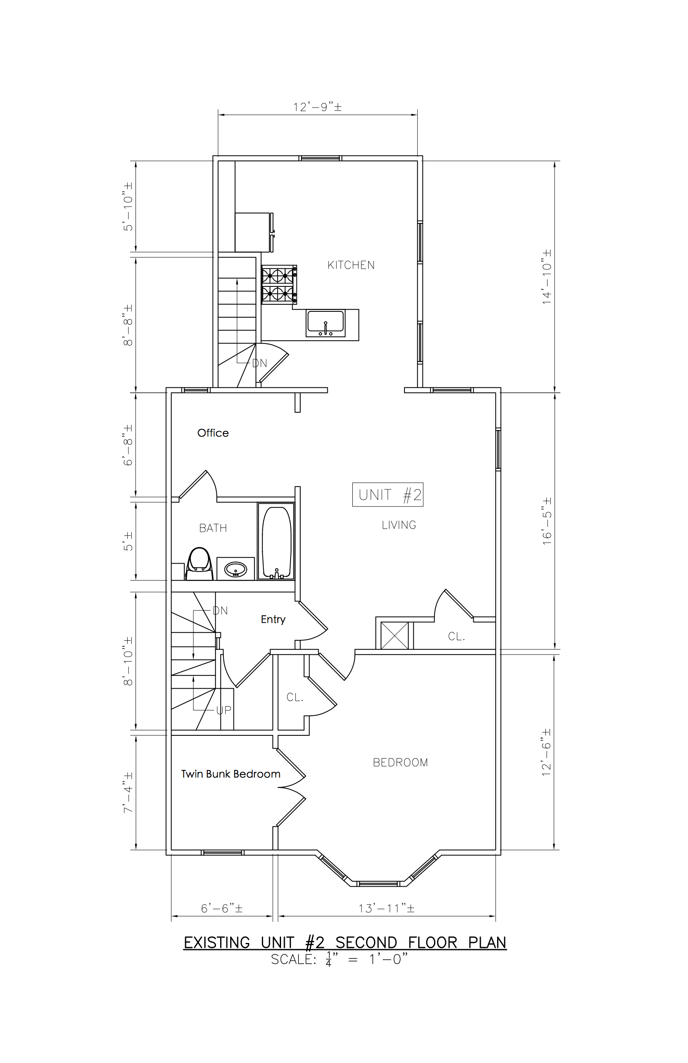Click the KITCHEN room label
pyautogui.click(x=351, y=265)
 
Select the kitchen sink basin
pyautogui.click(x=326, y=323)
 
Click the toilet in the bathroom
pyautogui.click(x=199, y=564)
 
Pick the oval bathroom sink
pyautogui.click(x=236, y=569)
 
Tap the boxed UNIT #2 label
pyautogui.click(x=388, y=495)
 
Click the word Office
pyautogui.click(x=213, y=433)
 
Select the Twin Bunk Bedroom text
pyautogui.click(x=231, y=774)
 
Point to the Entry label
pyautogui.click(x=273, y=619)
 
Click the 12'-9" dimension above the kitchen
pyautogui.click(x=318, y=107)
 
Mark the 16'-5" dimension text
pyautogui.click(x=547, y=521)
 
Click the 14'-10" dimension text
pyautogui.click(x=547, y=277)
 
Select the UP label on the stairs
pyautogui.click(x=224, y=710)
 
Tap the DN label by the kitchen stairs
pyautogui.click(x=259, y=363)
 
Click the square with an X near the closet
pyautogui.click(x=394, y=636)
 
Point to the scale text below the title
pyautogui.click(x=339, y=959)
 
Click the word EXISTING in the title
pyautogui.click(x=217, y=943)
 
